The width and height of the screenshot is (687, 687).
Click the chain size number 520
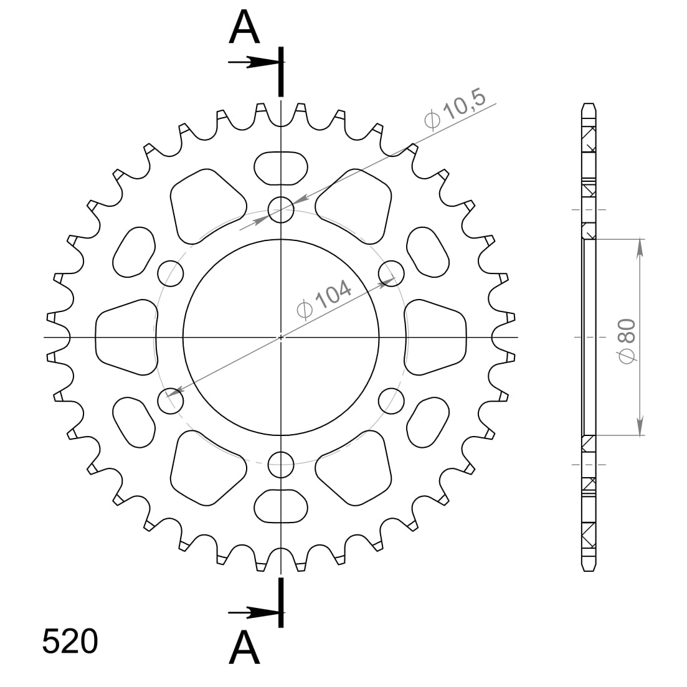[x=70, y=642]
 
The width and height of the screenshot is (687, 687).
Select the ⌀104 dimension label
[x=325, y=300]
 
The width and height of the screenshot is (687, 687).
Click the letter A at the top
[x=245, y=28]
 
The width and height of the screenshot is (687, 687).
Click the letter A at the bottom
[x=245, y=648]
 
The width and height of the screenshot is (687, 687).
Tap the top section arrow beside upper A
[x=254, y=62]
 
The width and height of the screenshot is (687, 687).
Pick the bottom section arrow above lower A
[x=254, y=613]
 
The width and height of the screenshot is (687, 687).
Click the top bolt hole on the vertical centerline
[x=281, y=210]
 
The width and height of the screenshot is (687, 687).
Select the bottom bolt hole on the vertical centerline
[x=281, y=463]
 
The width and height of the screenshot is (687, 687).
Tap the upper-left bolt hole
[x=171, y=273]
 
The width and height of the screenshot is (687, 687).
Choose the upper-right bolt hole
[x=391, y=273]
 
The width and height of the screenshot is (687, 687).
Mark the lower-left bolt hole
[x=171, y=400]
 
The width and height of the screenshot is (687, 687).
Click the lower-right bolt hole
[x=391, y=400]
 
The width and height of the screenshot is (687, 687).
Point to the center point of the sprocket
[x=281, y=337]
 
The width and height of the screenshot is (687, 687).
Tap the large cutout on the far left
[x=125, y=337]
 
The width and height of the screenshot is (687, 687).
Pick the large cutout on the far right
[x=436, y=337]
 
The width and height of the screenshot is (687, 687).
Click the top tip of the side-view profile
[x=589, y=104]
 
